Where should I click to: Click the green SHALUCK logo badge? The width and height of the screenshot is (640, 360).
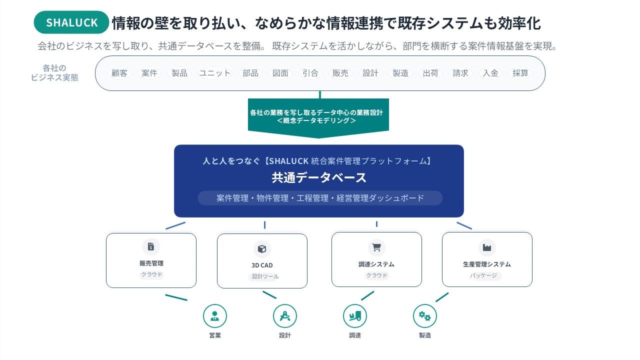tap(71, 22)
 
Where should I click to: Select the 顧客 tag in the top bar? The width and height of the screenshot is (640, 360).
tap(119, 73)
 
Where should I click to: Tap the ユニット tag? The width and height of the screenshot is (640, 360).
tap(215, 73)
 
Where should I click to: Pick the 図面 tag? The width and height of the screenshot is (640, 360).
tap(280, 73)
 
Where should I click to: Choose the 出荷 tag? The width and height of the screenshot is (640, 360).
tap(430, 73)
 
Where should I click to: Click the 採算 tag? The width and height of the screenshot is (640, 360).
tap(520, 73)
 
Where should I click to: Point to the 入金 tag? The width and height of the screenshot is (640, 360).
tap(490, 73)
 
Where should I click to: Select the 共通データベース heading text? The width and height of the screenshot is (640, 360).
tap(319, 177)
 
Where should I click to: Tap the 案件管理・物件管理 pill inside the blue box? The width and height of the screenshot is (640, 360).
tap(320, 198)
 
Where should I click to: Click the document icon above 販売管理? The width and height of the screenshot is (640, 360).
tap(151, 246)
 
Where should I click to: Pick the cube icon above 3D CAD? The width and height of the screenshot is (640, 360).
tap(261, 248)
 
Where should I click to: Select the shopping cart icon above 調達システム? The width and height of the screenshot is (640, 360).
tap(376, 247)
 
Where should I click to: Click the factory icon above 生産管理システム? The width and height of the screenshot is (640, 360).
tap(486, 247)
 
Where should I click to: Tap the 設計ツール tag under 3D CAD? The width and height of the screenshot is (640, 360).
tap(265, 276)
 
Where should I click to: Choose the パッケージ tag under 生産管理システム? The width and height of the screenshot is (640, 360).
tap(483, 275)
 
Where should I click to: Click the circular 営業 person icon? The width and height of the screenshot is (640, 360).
tap(215, 316)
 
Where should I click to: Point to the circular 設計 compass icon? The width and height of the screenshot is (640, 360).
tap(285, 316)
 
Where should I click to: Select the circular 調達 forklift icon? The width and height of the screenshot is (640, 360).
tap(355, 316)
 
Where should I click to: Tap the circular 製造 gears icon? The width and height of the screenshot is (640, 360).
tap(425, 316)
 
